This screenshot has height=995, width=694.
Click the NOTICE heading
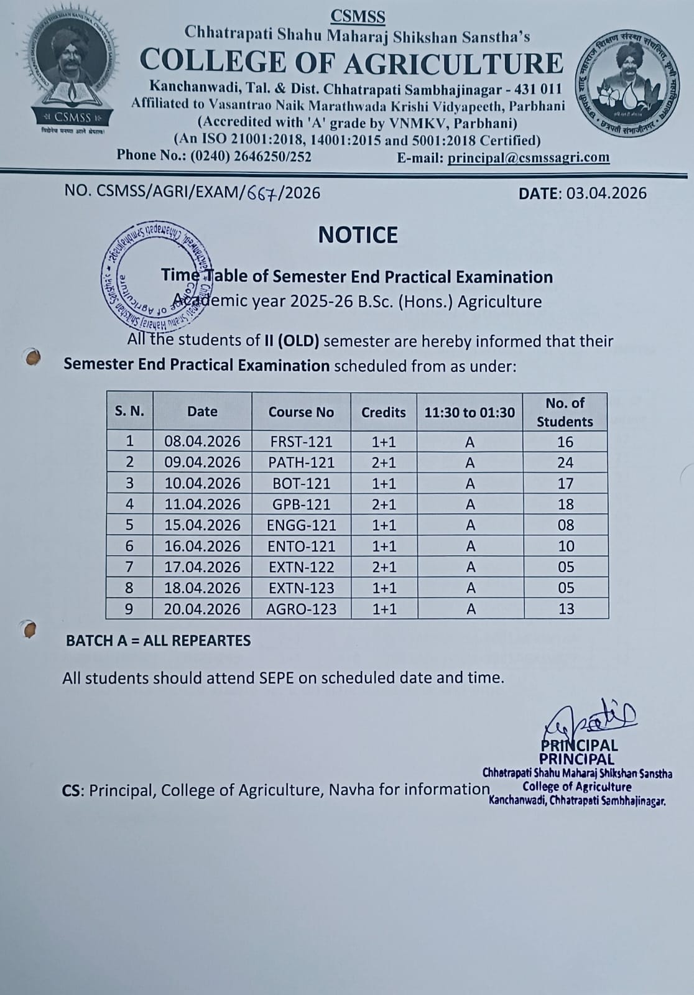(358, 235)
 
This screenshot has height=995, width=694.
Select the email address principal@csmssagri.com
(528, 157)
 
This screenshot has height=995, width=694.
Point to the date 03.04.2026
(606, 193)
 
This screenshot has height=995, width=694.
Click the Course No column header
(301, 412)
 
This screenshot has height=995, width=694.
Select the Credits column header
(383, 412)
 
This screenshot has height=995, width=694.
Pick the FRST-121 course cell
(301, 442)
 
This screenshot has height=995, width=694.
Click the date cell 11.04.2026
(202, 504)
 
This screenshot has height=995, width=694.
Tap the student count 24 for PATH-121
(565, 463)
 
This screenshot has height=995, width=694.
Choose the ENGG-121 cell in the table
(301, 525)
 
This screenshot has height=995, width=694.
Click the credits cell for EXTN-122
(384, 567)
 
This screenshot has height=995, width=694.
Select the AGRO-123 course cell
(301, 609)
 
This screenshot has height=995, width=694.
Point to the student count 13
(566, 609)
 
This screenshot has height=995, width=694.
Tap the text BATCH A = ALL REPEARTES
(159, 641)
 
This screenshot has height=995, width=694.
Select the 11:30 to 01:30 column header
(470, 412)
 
